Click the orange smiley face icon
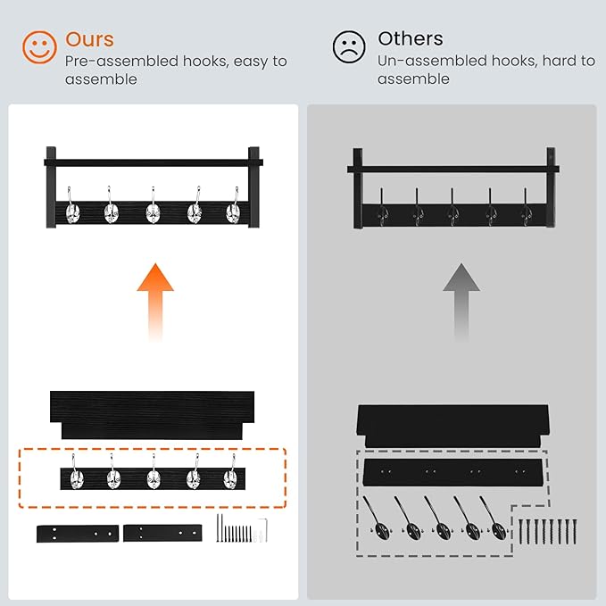[x=39, y=47]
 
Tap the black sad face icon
[x=349, y=47]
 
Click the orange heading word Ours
[x=89, y=39]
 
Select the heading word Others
[x=411, y=38]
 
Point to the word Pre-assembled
[x=121, y=62]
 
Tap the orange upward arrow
[x=155, y=303]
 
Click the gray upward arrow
[x=461, y=303]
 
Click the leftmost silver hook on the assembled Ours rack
[x=72, y=207]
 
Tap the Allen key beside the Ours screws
[x=264, y=529]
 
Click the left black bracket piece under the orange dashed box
[x=78, y=534]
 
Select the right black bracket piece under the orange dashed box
[x=162, y=533]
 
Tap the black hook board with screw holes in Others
[x=453, y=473]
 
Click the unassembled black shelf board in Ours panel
[x=152, y=415]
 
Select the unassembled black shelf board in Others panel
[x=453, y=426]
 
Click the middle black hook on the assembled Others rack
[x=452, y=208]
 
